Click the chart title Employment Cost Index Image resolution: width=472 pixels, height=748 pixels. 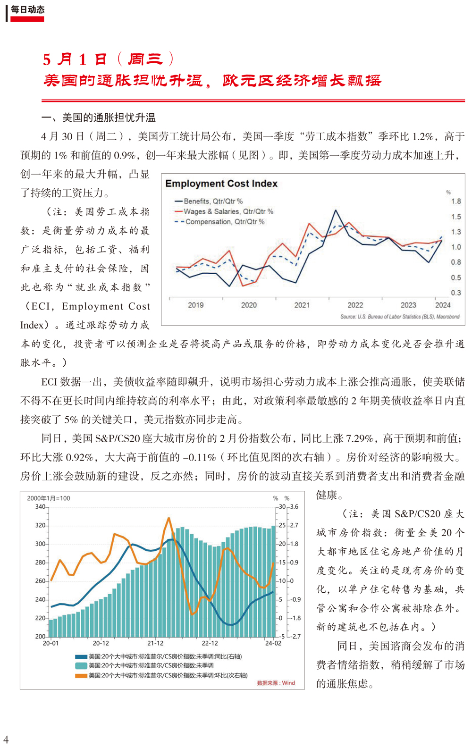tap(221, 184)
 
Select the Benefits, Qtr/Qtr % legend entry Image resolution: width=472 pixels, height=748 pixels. tap(209, 201)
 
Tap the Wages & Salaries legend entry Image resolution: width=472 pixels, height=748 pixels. tap(224, 211)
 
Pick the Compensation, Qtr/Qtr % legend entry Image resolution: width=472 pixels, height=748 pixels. tap(219, 222)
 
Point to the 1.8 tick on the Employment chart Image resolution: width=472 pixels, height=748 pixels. tap(456, 202)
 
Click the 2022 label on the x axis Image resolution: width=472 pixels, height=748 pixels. tap(355, 305)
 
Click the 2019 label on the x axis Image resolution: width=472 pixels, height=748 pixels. tap(196, 305)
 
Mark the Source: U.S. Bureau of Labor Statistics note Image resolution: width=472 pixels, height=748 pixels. tap(400, 317)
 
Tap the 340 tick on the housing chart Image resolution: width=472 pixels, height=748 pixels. tap(40, 506)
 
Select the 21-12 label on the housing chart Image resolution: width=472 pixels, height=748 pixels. tap(155, 643)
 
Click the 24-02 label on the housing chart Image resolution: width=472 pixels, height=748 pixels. tap(273, 643)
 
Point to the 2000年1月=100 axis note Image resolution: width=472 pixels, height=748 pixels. tap(49, 498)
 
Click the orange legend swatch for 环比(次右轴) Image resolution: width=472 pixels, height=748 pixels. tap(81, 675)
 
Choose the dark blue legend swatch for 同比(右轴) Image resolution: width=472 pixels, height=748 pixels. tap(81, 656)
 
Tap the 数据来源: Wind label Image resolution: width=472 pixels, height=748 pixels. tap(276, 683)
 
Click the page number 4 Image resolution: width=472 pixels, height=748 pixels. tap(6, 740)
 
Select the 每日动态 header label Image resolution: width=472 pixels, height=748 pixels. tap(27, 9)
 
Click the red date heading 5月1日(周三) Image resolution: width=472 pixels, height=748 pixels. tap(109, 59)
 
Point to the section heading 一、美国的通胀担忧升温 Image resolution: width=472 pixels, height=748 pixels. tap(99, 118)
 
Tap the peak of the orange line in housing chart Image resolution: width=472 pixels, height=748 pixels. tap(169, 519)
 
